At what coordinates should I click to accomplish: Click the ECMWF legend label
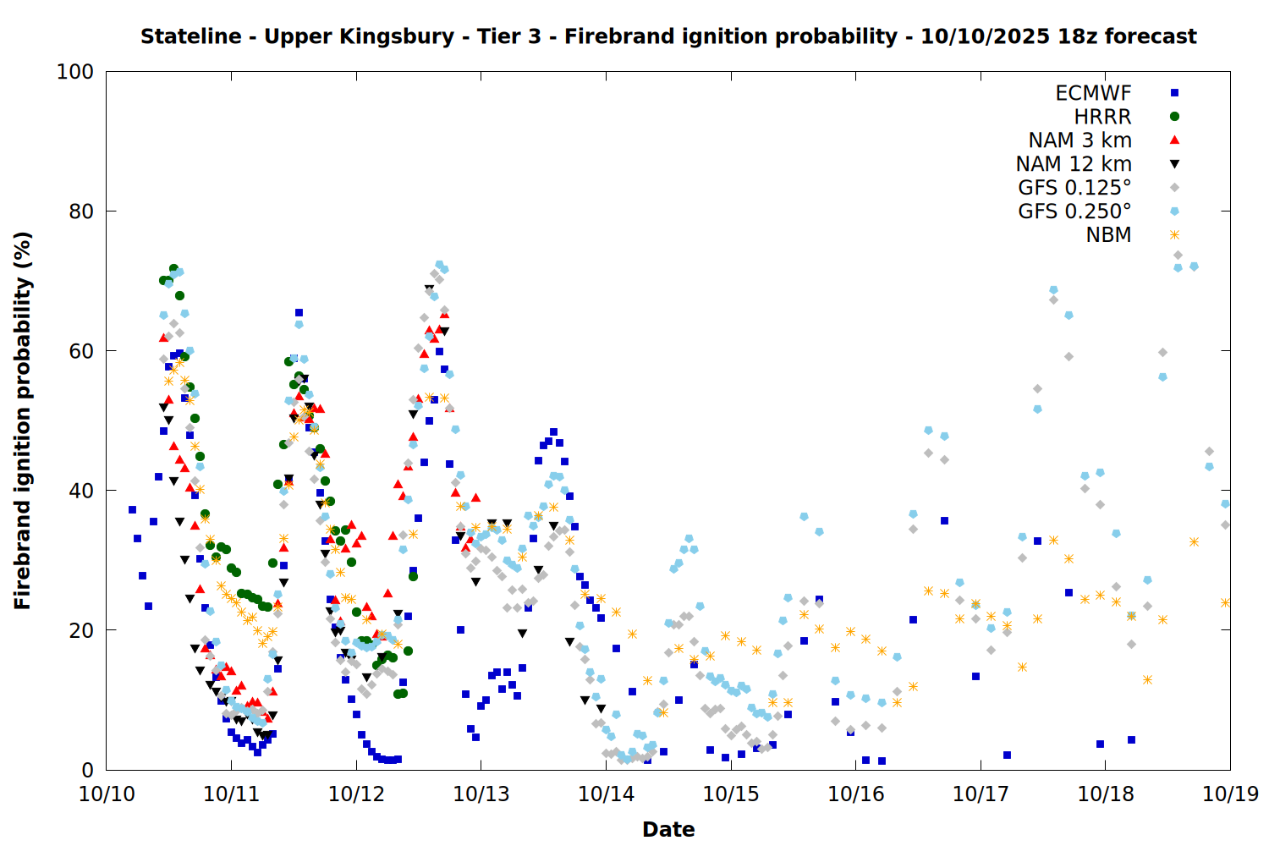click(x=1093, y=93)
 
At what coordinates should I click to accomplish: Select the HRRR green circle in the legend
click(x=1174, y=117)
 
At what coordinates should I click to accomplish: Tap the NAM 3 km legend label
click(x=1079, y=140)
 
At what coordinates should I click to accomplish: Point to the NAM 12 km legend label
click(x=1074, y=164)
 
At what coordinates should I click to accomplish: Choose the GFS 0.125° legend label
click(x=1074, y=188)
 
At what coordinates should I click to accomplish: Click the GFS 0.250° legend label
click(x=1074, y=211)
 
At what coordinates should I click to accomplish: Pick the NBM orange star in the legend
click(x=1174, y=235)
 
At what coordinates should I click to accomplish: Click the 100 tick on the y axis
click(x=75, y=72)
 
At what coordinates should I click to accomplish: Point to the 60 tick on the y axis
click(x=81, y=351)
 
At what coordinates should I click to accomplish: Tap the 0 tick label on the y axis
click(x=87, y=770)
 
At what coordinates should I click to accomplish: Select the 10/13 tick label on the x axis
click(x=481, y=794)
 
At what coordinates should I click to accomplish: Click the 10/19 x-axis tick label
click(x=1230, y=794)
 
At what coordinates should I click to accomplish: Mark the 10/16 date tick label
click(x=855, y=794)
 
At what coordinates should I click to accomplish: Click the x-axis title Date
click(x=668, y=830)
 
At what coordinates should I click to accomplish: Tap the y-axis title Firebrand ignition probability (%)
click(x=23, y=420)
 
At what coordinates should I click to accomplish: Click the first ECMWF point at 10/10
click(x=132, y=509)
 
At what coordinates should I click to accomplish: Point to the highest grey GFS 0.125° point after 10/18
click(x=1178, y=255)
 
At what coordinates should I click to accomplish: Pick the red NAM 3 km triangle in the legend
click(x=1174, y=140)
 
